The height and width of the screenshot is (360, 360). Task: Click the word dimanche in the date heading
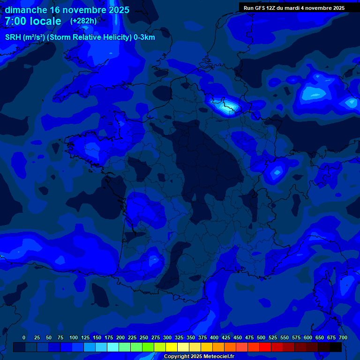(25, 10)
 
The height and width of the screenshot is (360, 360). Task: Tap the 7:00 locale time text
(33, 21)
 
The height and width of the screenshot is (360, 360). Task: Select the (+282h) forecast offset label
(83, 21)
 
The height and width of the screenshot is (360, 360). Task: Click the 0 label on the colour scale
(24, 337)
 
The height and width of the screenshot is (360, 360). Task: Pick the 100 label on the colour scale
(74, 337)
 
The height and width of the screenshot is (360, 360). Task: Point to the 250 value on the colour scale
(144, 337)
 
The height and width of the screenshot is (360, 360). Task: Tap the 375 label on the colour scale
(202, 337)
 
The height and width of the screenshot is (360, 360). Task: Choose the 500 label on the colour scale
(261, 337)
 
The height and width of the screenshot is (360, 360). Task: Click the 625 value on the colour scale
(320, 337)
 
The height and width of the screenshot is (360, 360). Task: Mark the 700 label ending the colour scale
(343, 337)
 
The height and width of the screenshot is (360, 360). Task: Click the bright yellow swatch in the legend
(172, 347)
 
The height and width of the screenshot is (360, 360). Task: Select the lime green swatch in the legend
(148, 347)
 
